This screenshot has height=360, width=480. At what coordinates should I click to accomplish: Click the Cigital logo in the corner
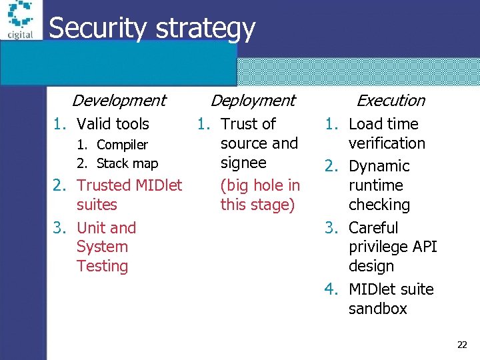coord(20,20)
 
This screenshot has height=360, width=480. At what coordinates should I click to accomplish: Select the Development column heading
coord(119,101)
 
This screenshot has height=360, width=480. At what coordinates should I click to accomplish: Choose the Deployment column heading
coord(253,101)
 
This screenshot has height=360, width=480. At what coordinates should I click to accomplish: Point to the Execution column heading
coord(391,101)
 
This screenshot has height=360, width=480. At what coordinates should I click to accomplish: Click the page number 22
coord(462,345)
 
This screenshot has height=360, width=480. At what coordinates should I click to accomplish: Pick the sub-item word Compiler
coord(122,145)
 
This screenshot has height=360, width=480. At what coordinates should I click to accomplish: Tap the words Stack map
coord(127,163)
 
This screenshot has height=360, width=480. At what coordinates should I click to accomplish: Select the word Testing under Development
coord(102,266)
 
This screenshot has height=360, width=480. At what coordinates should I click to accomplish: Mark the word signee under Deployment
coord(243,163)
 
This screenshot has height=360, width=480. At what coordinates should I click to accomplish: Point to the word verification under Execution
coord(387,143)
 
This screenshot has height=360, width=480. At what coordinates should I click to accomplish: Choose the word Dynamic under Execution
coord(379,166)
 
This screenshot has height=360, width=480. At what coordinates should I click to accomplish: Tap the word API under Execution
coord(423,247)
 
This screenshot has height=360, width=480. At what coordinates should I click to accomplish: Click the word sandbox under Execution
coord(377,309)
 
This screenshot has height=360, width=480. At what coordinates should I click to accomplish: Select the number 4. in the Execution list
coord(331,289)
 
